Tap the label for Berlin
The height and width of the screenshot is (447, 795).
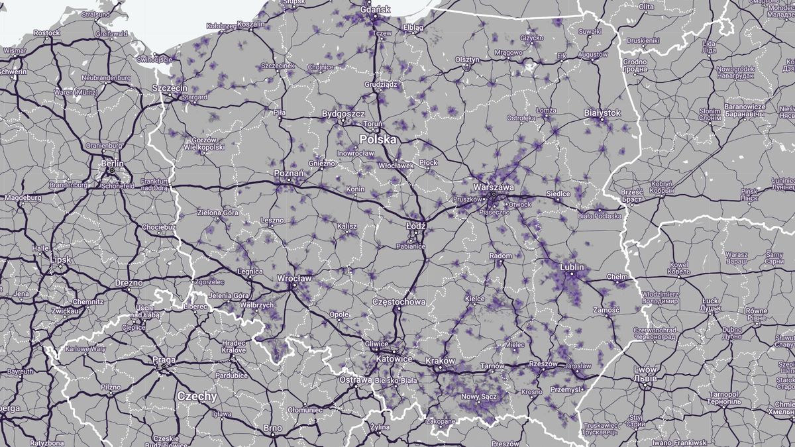tap(112, 162)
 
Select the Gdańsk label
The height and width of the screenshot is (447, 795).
tap(376, 10)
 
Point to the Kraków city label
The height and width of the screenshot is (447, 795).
tap(441, 361)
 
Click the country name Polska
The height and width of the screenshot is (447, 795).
tap(378, 140)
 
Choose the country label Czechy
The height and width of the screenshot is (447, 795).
tap(197, 396)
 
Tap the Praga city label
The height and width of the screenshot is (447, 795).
tap(164, 360)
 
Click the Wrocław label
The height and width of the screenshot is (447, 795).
tap(294, 279)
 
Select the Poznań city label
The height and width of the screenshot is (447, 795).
tap(289, 174)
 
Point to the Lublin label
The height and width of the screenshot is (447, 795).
tap(572, 268)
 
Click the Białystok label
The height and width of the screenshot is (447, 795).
tap(602, 113)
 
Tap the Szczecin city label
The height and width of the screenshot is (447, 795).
tap(170, 88)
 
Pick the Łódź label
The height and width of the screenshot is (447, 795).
tap(416, 226)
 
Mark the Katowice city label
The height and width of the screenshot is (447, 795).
tap(394, 358)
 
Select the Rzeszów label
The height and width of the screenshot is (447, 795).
tap(543, 364)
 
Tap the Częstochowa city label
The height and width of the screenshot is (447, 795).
tap(399, 302)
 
